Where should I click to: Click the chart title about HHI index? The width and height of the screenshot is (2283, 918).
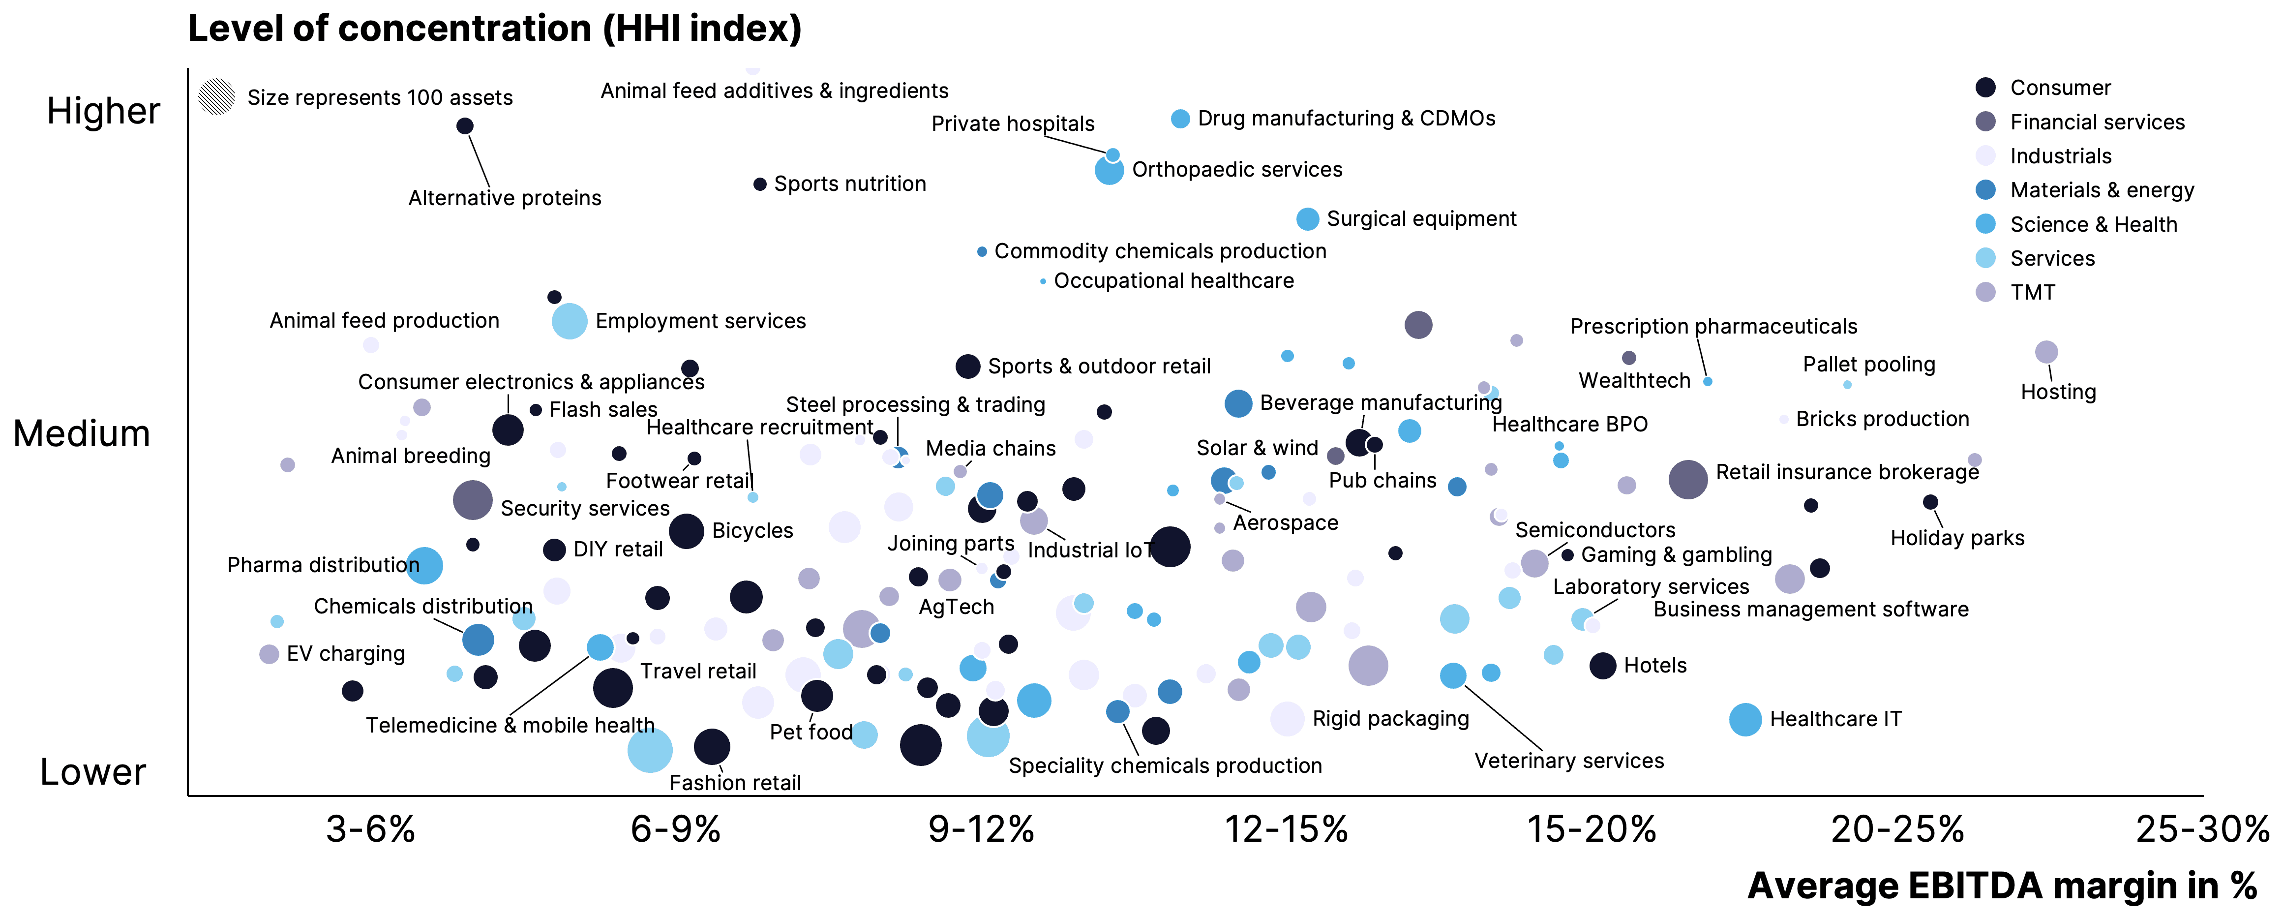[x=495, y=29]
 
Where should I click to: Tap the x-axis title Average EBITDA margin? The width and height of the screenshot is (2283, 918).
[x=2001, y=886]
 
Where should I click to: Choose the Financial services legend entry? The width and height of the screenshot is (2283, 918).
[x=2097, y=122]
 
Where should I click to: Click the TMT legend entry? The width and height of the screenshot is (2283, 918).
[x=2032, y=292]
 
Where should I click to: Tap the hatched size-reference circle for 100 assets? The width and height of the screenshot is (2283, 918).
[x=216, y=96]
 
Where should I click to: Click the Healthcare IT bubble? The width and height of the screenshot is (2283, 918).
[x=1744, y=720]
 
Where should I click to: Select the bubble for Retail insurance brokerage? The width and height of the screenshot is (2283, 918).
[x=1687, y=479]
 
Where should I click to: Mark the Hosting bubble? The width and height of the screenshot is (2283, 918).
[x=2045, y=352]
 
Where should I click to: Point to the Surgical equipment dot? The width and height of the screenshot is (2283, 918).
[x=1307, y=219]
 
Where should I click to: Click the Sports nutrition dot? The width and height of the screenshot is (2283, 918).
[x=759, y=184]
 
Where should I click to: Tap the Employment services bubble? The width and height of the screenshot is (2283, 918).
[x=569, y=321]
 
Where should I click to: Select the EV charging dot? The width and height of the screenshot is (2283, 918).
[x=269, y=654]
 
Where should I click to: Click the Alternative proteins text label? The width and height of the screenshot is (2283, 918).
[x=504, y=198]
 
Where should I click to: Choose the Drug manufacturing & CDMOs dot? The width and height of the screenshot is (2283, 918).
[x=1179, y=119]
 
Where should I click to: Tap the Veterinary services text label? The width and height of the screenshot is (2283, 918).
[x=1569, y=761]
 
